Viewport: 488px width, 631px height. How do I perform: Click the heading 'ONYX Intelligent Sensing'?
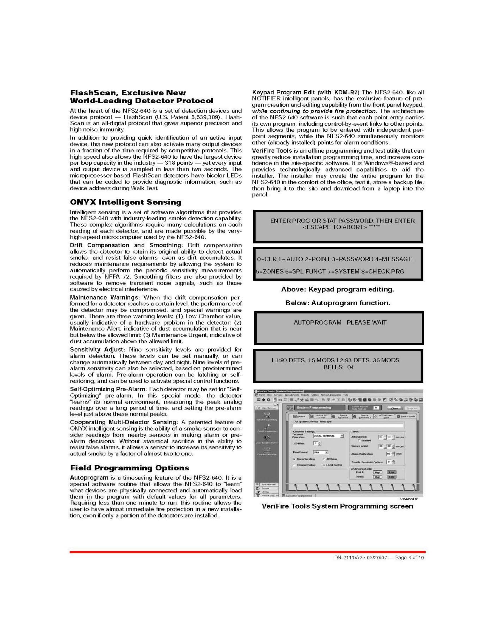[x=125, y=202]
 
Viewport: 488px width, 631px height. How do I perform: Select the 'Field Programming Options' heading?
[x=129, y=468]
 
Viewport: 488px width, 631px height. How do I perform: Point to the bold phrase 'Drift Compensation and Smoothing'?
[x=125, y=245]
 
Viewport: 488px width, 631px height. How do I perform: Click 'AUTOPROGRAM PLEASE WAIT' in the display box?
[x=340, y=322]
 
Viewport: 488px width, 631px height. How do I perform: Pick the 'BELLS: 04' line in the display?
[x=338, y=367]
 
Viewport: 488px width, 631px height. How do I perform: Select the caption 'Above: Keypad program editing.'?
[x=337, y=289]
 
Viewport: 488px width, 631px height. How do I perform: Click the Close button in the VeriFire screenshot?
[x=394, y=408]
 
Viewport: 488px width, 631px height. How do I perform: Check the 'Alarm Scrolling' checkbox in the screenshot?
[x=294, y=459]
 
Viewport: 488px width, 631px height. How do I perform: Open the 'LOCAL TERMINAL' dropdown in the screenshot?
[x=328, y=436]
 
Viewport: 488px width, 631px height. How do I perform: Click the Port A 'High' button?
[x=377, y=472]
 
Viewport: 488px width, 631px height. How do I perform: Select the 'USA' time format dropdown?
[x=321, y=452]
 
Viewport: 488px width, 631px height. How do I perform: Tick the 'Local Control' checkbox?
[x=324, y=465]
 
